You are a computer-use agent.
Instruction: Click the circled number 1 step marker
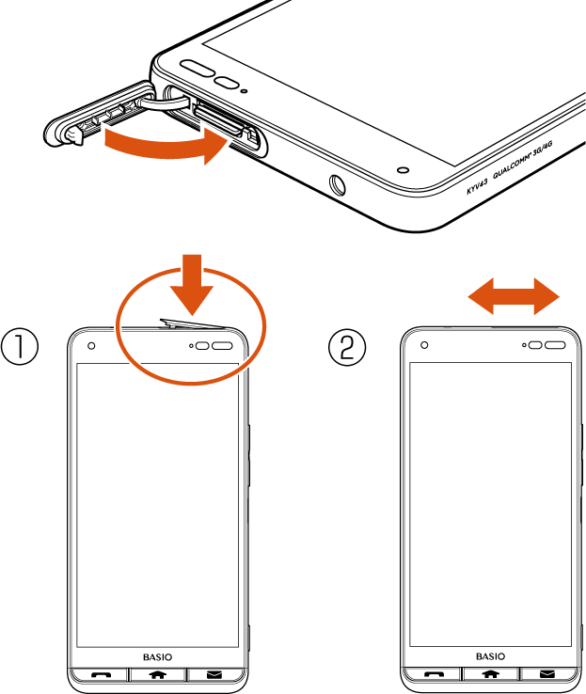click(x=20, y=346)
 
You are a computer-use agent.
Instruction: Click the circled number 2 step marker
click(x=347, y=347)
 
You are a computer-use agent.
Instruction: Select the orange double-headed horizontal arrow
click(x=514, y=296)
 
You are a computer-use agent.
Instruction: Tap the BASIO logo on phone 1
click(x=158, y=657)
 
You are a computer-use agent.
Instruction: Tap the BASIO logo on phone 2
click(x=490, y=656)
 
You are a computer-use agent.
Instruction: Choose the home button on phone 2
click(x=490, y=674)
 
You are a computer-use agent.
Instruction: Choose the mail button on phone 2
click(x=547, y=674)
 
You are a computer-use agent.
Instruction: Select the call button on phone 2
click(x=434, y=674)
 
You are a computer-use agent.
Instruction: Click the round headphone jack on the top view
click(x=338, y=184)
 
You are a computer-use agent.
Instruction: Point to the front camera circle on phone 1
click(x=91, y=346)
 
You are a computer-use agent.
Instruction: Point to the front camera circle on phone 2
click(x=424, y=345)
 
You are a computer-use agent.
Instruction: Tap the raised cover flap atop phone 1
click(x=193, y=324)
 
